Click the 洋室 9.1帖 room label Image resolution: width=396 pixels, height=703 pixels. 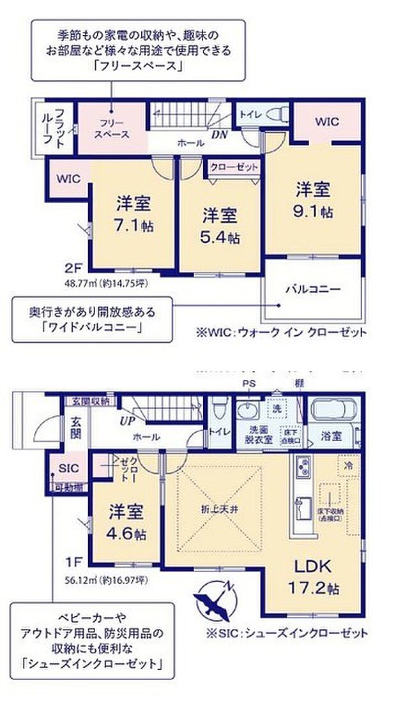pos(313,200)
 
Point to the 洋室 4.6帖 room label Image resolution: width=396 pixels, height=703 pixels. pos(125,522)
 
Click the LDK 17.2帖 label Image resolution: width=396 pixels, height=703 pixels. pos(312,575)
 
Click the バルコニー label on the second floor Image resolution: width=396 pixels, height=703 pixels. pos(312,289)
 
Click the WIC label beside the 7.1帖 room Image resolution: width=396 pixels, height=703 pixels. pos(68,179)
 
